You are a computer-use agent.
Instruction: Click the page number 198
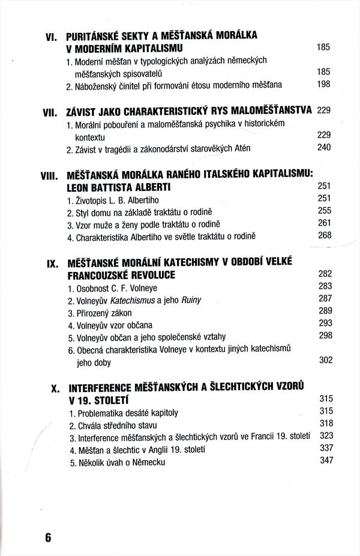coord(323,84)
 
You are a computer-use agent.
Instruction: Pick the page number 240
coord(323,147)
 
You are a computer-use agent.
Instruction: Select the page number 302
coord(325,360)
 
